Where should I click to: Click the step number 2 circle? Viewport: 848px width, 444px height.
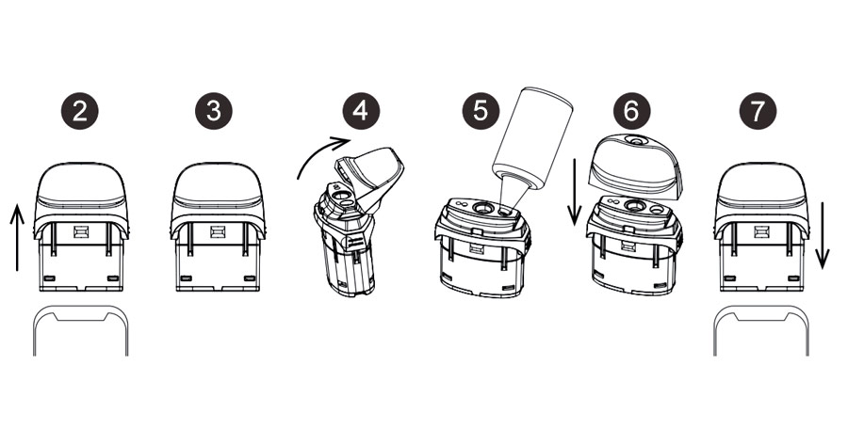pyautogui.click(x=79, y=111)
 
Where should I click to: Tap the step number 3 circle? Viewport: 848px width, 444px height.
pyautogui.click(x=214, y=111)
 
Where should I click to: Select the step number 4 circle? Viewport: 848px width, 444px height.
pyautogui.click(x=361, y=111)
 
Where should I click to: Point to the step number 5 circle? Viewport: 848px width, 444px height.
pyautogui.click(x=481, y=111)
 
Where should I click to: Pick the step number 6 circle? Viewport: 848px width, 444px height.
pyautogui.click(x=631, y=111)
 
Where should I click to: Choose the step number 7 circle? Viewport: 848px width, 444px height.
pyautogui.click(x=758, y=111)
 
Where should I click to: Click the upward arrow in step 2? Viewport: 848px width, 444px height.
pyautogui.click(x=17, y=237)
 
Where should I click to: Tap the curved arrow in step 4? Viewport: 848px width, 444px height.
pyautogui.click(x=319, y=151)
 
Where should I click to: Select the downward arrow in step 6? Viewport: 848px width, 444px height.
pyautogui.click(x=575, y=192)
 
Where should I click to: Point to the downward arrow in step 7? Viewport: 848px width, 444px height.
pyautogui.click(x=822, y=235)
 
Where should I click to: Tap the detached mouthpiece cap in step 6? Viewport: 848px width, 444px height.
pyautogui.click(x=635, y=165)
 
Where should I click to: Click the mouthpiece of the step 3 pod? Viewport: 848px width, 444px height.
pyautogui.click(x=218, y=198)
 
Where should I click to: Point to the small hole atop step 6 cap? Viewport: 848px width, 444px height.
pyautogui.click(x=635, y=140)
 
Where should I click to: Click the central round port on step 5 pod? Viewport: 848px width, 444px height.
pyautogui.click(x=481, y=207)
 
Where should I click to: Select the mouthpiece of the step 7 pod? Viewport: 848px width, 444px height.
pyautogui.click(x=761, y=198)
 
